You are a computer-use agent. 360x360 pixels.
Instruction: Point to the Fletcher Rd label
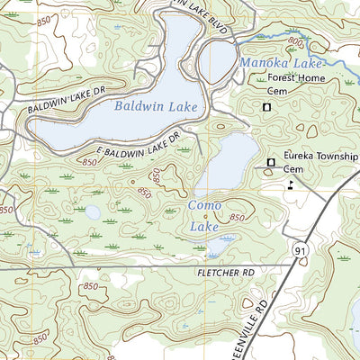[223, 269]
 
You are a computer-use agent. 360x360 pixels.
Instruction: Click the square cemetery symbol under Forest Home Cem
[266, 108]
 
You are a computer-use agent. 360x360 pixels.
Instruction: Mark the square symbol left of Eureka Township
[271, 161]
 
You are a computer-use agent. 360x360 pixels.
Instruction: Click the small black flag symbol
[290, 184]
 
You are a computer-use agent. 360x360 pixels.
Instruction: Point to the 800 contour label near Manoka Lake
[296, 40]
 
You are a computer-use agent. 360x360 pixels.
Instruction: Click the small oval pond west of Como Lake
[92, 212]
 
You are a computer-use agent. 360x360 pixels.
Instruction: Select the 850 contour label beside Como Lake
[237, 219]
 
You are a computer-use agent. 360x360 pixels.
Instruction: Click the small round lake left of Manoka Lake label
[217, 60]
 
